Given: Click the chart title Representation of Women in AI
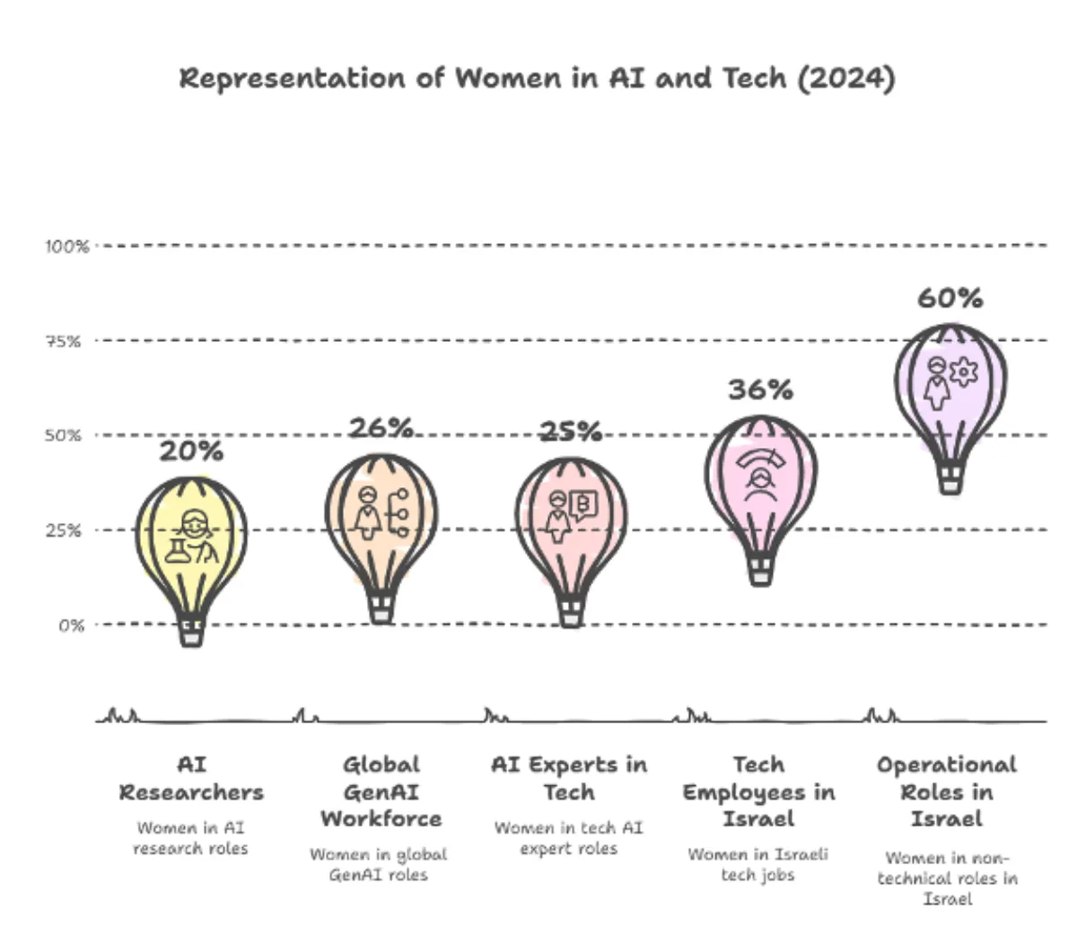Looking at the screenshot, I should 537,78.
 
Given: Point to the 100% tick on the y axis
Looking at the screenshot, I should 67,246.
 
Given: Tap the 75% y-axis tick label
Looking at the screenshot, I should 65,341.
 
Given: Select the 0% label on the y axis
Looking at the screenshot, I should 72,625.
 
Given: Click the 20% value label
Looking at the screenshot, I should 191,451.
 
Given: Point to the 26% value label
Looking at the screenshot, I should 381,428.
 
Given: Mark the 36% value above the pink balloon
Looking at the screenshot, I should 760,389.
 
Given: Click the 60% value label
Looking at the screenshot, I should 950,298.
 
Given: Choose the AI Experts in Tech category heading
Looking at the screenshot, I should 569,778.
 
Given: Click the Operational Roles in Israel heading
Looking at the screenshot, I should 947,791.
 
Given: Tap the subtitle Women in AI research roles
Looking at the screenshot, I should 190,838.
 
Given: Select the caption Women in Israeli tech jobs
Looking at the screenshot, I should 758,864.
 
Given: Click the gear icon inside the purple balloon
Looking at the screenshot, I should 963,372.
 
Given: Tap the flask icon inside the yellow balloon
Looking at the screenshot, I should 176,552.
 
